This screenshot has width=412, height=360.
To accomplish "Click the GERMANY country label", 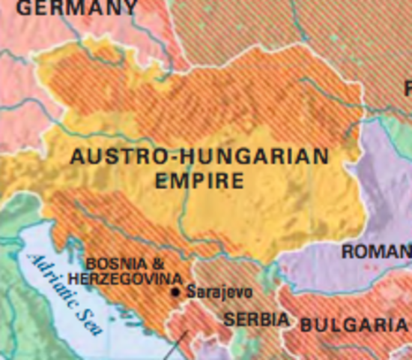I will pyautogui.click(x=77, y=8).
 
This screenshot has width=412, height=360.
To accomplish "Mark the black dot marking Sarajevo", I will pyautogui.click(x=176, y=292).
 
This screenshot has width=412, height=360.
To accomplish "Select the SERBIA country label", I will pyautogui.click(x=256, y=319).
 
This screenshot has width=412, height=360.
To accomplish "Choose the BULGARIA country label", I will pyautogui.click(x=356, y=325).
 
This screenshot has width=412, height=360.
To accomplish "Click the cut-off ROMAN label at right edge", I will pyautogui.click(x=376, y=252).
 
